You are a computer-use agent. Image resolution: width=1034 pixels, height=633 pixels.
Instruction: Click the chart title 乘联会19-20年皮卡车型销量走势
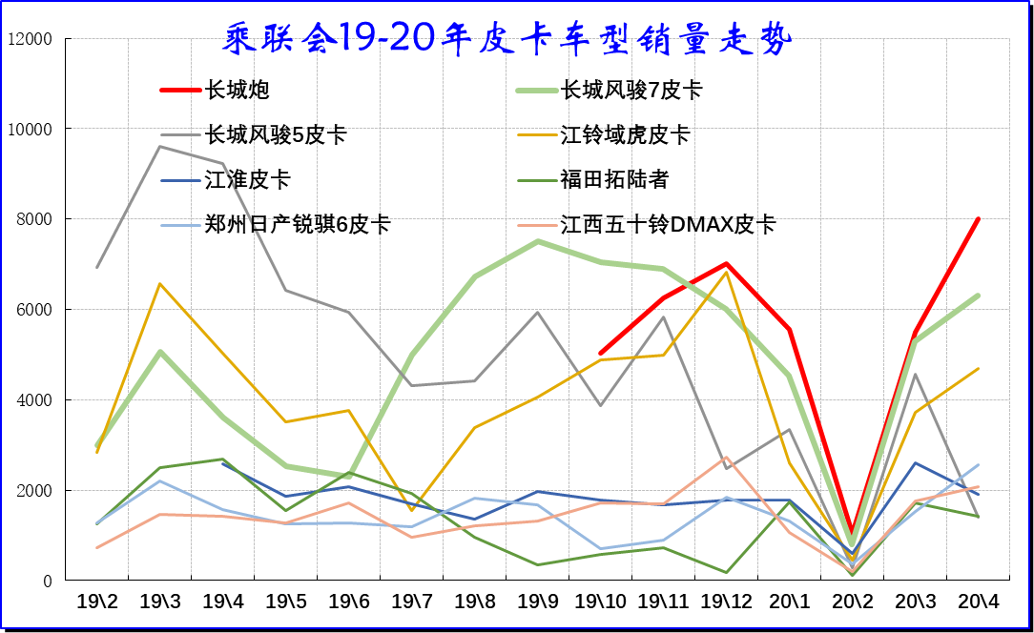507,39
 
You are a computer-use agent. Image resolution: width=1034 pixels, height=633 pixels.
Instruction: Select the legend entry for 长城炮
238,91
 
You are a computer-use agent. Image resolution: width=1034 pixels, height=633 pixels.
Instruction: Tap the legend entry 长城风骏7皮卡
631,91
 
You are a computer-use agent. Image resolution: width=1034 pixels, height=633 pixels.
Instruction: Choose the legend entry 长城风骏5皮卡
276,135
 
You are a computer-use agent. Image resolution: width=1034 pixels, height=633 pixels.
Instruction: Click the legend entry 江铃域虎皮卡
625,135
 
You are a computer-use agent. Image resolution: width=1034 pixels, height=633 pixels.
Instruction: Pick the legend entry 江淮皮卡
248,180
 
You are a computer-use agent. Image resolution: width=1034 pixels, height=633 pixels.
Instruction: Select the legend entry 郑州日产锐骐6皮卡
298,225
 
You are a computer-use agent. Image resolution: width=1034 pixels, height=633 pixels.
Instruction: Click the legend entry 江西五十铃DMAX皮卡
668,225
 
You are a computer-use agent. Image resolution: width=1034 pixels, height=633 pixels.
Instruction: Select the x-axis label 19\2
96,602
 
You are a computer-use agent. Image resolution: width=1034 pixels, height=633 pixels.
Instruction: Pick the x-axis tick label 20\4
978,602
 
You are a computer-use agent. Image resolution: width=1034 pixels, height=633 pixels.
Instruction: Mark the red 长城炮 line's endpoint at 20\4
978,219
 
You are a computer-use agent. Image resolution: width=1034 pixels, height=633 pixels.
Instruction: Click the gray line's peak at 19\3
159,146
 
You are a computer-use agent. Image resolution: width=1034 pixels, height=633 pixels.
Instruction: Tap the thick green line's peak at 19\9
537,241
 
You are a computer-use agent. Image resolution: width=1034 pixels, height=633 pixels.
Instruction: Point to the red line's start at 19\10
600,353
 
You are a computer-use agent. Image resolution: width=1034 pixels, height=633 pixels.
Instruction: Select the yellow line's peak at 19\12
726,273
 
